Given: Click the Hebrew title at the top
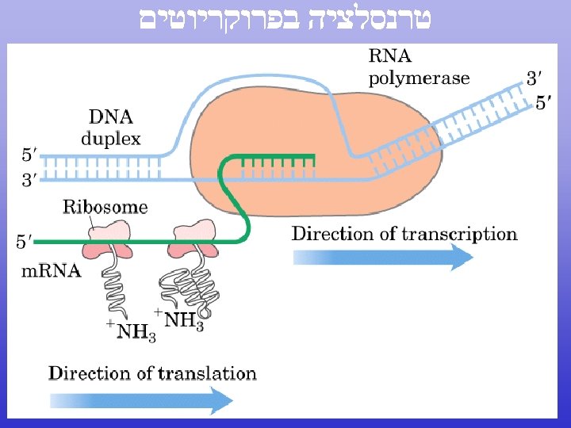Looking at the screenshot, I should (285, 20).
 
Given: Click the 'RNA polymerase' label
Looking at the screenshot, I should (418, 67).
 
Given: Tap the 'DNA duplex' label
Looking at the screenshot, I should (110, 128).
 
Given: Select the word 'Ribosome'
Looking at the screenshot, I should (105, 208).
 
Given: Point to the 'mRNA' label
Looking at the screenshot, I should (51, 271).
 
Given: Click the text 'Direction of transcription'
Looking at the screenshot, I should (404, 234).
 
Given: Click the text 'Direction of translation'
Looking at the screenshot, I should (152, 373).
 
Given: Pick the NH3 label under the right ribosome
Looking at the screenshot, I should (181, 320).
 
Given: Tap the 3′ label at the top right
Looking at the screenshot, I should (535, 78).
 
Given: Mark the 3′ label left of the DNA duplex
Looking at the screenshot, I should (28, 181).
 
